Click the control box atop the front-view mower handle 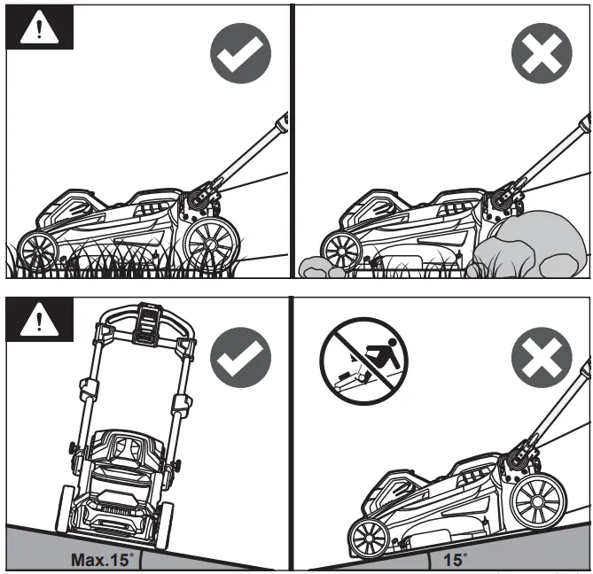coord(145,325)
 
